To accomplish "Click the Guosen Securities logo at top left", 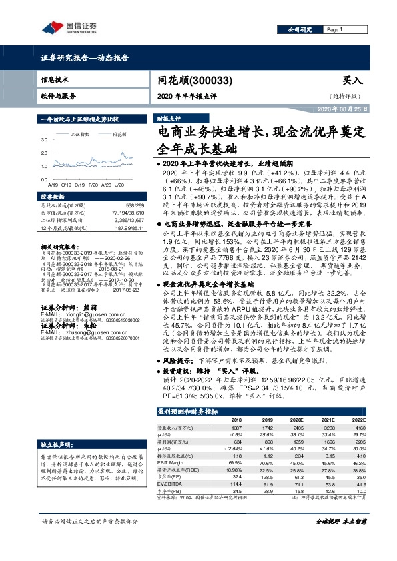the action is tap(70, 27).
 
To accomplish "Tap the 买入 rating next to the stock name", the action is tap(352, 80).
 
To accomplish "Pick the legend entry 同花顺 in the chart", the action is tap(121, 134).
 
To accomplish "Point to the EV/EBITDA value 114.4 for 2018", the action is tap(235, 483).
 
